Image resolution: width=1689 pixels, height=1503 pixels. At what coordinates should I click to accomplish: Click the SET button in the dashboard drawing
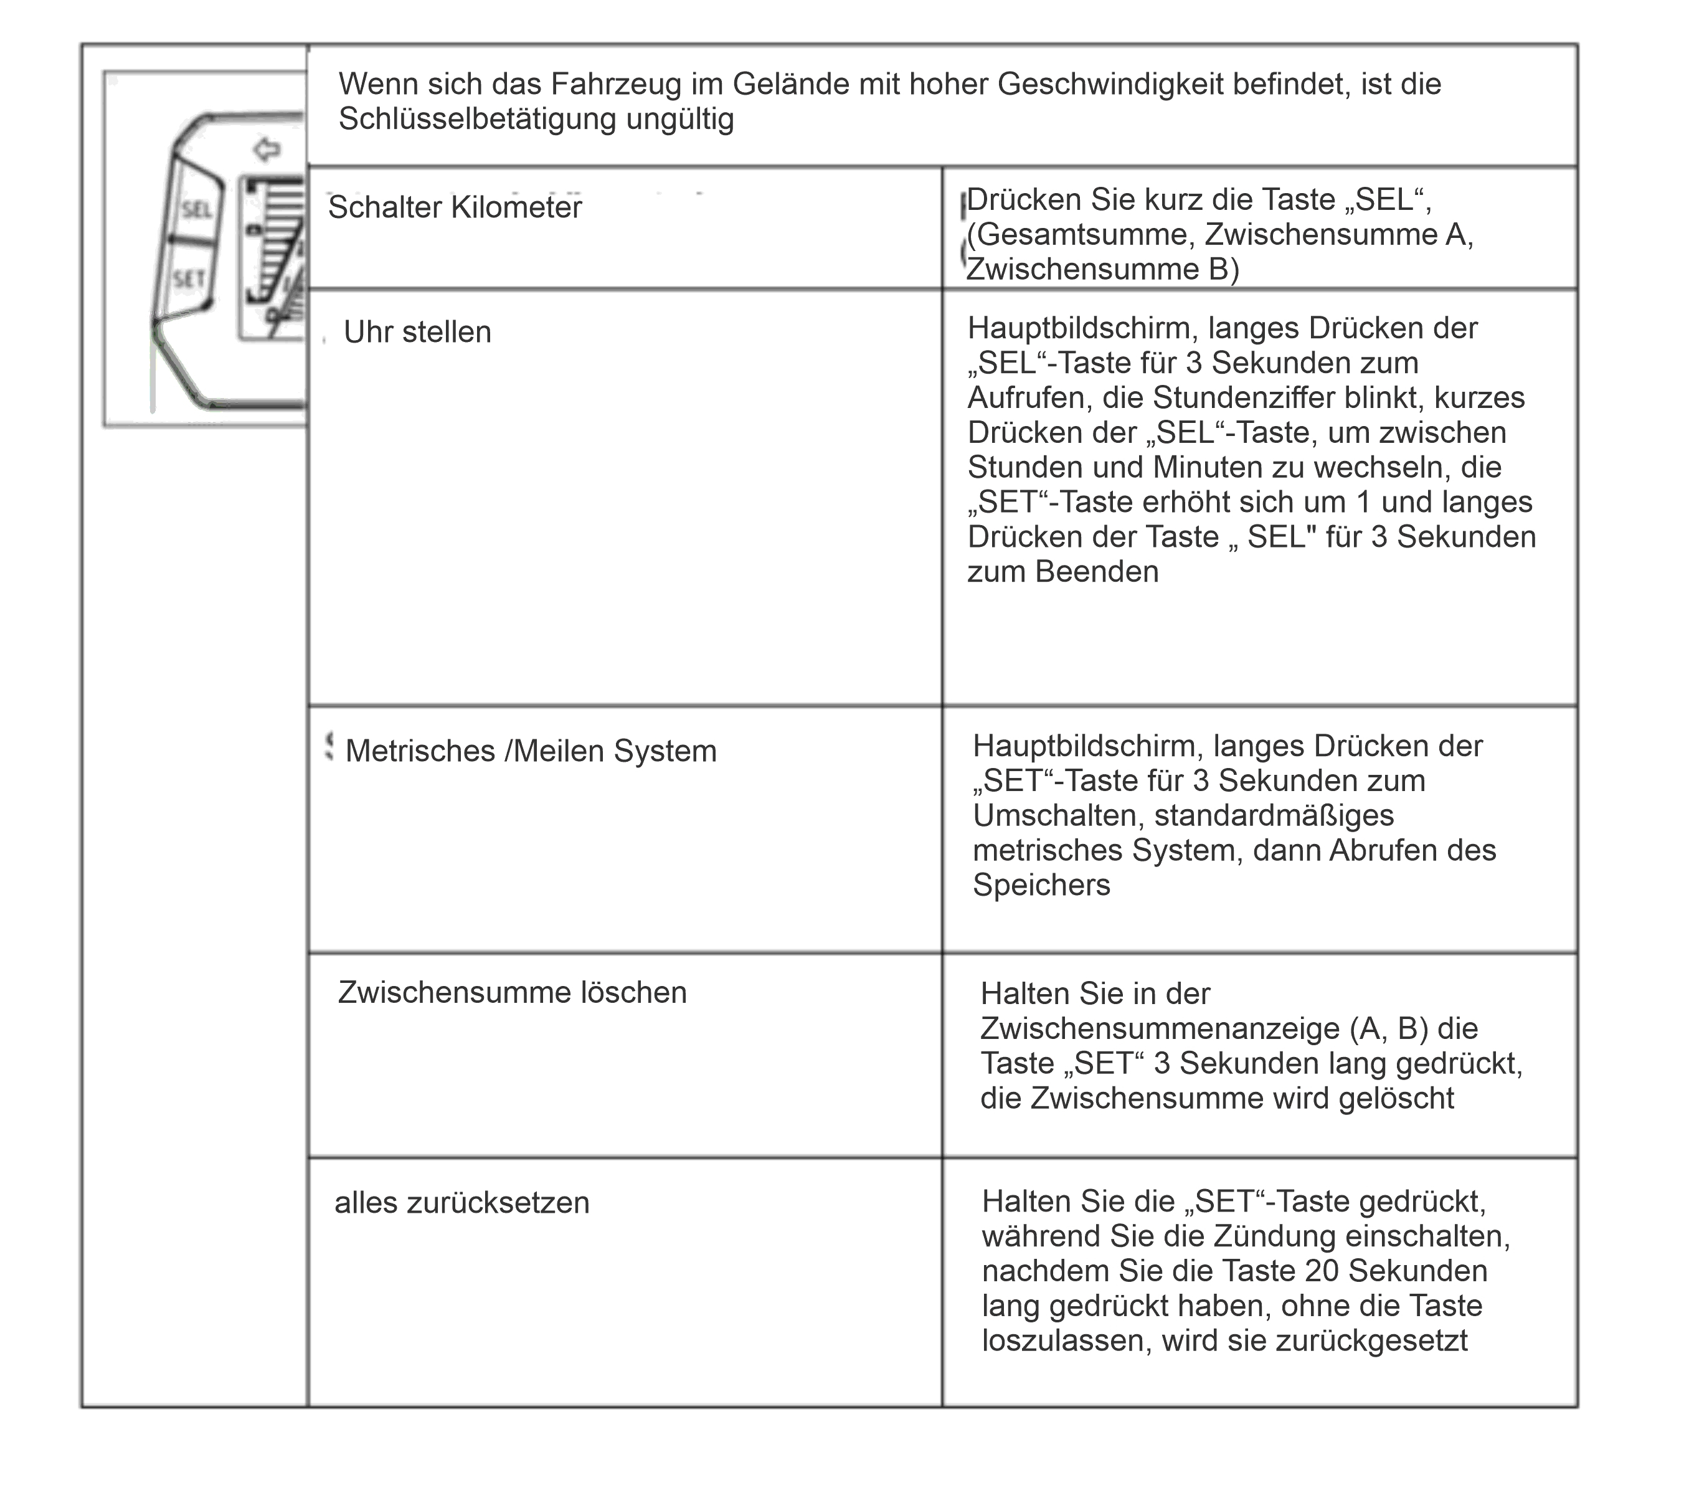coord(189,279)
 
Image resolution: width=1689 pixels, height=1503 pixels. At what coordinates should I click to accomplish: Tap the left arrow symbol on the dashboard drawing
coord(266,149)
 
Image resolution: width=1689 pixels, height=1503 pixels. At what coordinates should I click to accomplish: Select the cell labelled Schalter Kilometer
coord(455,207)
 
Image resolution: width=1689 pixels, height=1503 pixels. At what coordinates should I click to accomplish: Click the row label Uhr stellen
coord(417,332)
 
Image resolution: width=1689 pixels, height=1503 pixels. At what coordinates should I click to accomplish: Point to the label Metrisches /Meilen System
coord(531,751)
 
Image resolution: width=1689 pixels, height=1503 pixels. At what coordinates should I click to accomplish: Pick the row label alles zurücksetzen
coord(462,1202)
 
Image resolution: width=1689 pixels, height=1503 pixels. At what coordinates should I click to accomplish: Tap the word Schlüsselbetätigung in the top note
coord(478,119)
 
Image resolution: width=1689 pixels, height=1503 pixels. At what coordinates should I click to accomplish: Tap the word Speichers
coord(1041,885)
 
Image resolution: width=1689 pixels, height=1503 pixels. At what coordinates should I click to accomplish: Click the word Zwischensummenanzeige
coord(1160,1029)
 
